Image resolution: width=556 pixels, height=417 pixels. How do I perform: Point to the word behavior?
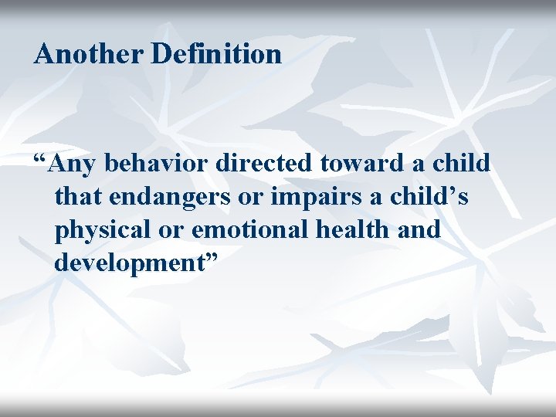[158, 164]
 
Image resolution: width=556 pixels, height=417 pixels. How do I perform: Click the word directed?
[265, 164]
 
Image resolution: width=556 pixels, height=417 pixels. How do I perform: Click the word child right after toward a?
[460, 164]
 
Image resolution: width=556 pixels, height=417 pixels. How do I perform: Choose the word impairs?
[320, 198]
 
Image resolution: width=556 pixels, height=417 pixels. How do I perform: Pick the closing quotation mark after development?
[210, 257]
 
